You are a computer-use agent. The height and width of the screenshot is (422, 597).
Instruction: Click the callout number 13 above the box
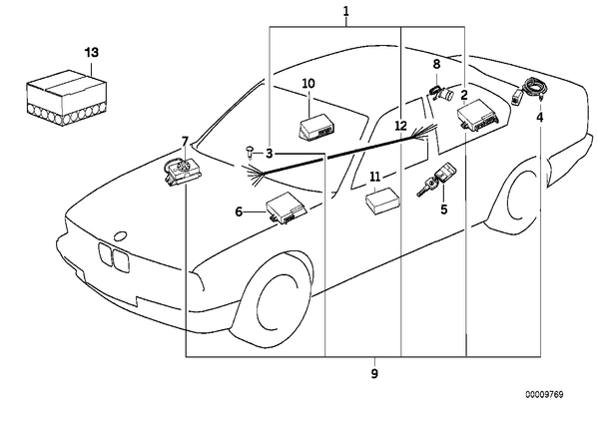pos(92,52)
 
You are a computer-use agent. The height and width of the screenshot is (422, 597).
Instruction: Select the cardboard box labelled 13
pos(66,98)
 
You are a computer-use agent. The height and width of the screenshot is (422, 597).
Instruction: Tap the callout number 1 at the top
pos(345,11)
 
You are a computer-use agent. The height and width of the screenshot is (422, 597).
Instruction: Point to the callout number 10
pos(308,83)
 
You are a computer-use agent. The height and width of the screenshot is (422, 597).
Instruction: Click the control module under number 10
pos(317,127)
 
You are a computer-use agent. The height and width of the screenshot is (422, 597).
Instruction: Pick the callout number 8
pos(436,64)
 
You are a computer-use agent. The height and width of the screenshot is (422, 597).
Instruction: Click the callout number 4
pos(540,118)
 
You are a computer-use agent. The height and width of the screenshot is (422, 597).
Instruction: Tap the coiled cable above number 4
pos(533,88)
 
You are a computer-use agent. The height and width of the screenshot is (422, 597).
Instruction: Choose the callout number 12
pos(401,125)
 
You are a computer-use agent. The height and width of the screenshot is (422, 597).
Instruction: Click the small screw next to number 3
pos(251,152)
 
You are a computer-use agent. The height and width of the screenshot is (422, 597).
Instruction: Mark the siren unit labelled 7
pos(183,171)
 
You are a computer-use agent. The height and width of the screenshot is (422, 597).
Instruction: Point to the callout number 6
pos(239,211)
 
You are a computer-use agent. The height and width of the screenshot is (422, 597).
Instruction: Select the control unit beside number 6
pos(287,209)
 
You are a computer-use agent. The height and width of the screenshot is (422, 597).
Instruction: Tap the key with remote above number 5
pos(437,179)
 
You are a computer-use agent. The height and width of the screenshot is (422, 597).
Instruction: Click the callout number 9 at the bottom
pos(374,373)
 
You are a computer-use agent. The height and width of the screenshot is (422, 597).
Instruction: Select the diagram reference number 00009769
pos(544,395)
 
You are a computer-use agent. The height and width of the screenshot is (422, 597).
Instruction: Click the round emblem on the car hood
pos(121,235)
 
